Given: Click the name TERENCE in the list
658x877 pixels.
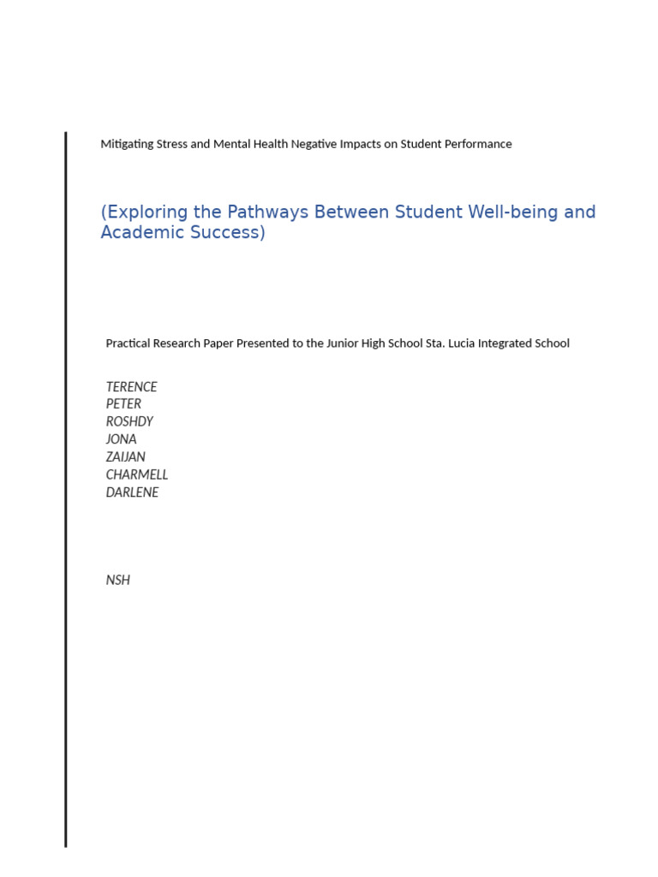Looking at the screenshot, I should click(x=131, y=386).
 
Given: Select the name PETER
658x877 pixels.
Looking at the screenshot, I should click(x=123, y=403).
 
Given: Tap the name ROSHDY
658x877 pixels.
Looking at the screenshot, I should click(x=129, y=421).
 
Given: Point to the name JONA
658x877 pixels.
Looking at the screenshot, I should click(x=121, y=438).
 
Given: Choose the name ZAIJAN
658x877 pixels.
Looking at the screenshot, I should click(x=125, y=456).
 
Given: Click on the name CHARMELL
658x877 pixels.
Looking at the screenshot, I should click(x=136, y=474).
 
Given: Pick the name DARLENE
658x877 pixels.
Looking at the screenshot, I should click(x=132, y=492).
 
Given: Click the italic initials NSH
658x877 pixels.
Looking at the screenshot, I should click(x=117, y=580).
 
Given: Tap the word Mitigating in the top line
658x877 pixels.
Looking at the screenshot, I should click(x=127, y=144).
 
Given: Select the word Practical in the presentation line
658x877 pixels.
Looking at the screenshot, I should click(x=129, y=343).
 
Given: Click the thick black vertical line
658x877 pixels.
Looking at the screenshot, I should click(x=65, y=488).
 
